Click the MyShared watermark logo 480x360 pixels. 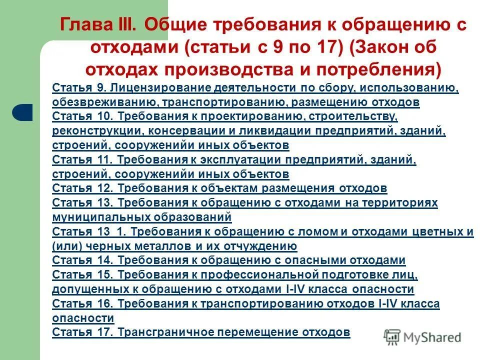[x=422, y=336]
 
